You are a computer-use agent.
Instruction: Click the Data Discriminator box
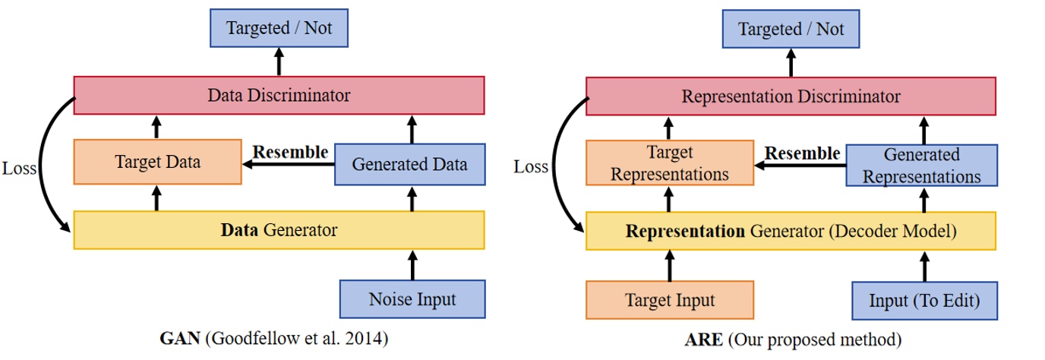[279, 96]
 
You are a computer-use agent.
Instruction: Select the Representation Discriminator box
[791, 96]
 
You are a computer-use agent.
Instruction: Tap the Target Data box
[157, 162]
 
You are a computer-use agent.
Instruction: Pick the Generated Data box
[409, 163]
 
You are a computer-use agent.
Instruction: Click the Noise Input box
[412, 299]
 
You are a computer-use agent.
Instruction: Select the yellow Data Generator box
[279, 229]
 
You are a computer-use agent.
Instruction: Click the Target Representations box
[669, 163]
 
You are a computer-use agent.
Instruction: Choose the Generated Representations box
[921, 165]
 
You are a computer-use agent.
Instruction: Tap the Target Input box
[669, 300]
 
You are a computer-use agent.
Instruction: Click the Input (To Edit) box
[923, 300]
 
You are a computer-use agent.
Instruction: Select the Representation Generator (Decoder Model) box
[791, 231]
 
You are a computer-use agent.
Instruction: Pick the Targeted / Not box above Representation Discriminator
[791, 30]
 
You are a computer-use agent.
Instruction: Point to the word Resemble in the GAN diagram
[290, 151]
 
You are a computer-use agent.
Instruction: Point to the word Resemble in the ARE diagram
[802, 153]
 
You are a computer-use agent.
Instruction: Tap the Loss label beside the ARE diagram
[530, 166]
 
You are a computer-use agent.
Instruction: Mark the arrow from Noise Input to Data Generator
[412, 264]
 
